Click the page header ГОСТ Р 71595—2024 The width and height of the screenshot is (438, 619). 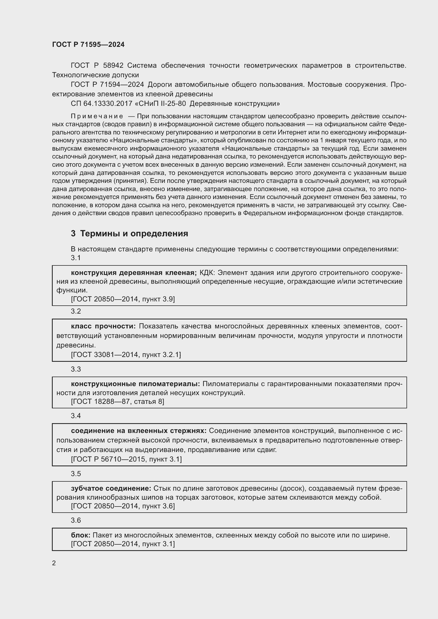pos(88,45)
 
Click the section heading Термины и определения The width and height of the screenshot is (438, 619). pos(134,233)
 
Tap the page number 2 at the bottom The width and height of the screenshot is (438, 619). pos(54,563)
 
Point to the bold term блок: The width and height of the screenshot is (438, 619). pos(81,535)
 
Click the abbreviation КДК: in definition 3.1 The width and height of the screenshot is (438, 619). pos(207,273)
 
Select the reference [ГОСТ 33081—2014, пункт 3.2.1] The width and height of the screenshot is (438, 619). pos(126,355)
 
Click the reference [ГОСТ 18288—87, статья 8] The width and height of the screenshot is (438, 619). pos(118,401)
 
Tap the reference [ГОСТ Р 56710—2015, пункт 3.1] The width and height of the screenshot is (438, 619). pos(126,459)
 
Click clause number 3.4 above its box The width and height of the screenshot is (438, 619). pos(76,416)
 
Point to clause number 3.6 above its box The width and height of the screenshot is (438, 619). pos(76,520)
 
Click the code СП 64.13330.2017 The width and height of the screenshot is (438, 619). pos(101,103)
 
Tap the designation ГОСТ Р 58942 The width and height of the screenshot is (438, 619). pos(97,66)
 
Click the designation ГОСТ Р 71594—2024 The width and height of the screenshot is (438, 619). pos(107,85)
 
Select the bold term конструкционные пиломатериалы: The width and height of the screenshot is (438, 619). pos(135,384)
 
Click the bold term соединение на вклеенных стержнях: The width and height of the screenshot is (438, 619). pos(138,431)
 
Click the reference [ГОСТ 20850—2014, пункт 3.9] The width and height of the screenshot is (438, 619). pos(123,299)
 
